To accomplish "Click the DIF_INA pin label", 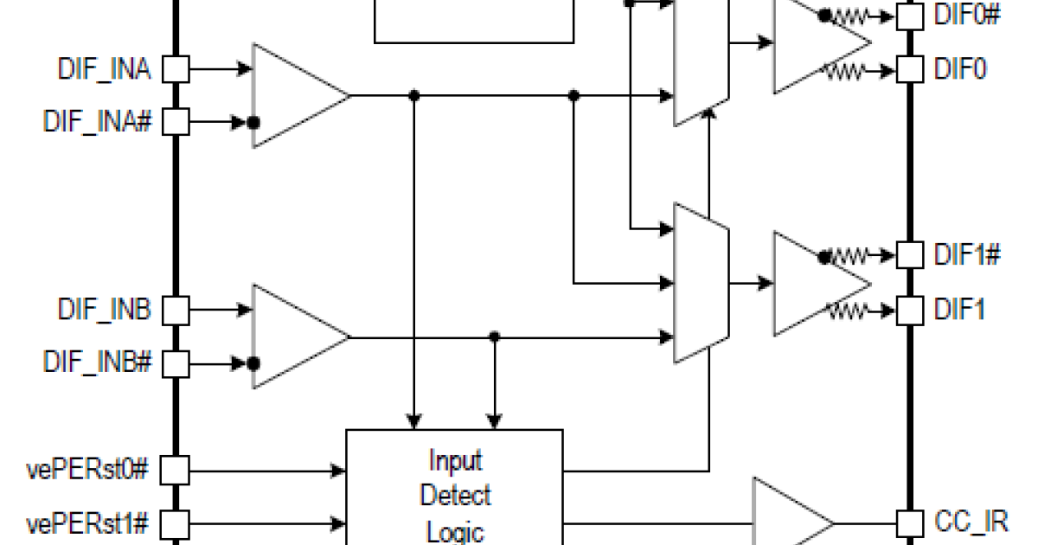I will [105, 70].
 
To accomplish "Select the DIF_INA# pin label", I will [98, 122].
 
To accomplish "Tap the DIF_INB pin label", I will [105, 309].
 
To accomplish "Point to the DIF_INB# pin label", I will [98, 362].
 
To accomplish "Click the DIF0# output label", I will [968, 15].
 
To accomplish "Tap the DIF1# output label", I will [968, 255].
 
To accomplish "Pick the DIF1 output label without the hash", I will [960, 309].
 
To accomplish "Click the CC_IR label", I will [971, 522].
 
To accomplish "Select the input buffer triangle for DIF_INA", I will [294, 95].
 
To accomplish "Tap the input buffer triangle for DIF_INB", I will [294, 336].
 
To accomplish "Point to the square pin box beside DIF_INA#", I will [176, 122].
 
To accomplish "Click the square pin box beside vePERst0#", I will [176, 471].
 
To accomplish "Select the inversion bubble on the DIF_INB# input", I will [253, 362].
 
